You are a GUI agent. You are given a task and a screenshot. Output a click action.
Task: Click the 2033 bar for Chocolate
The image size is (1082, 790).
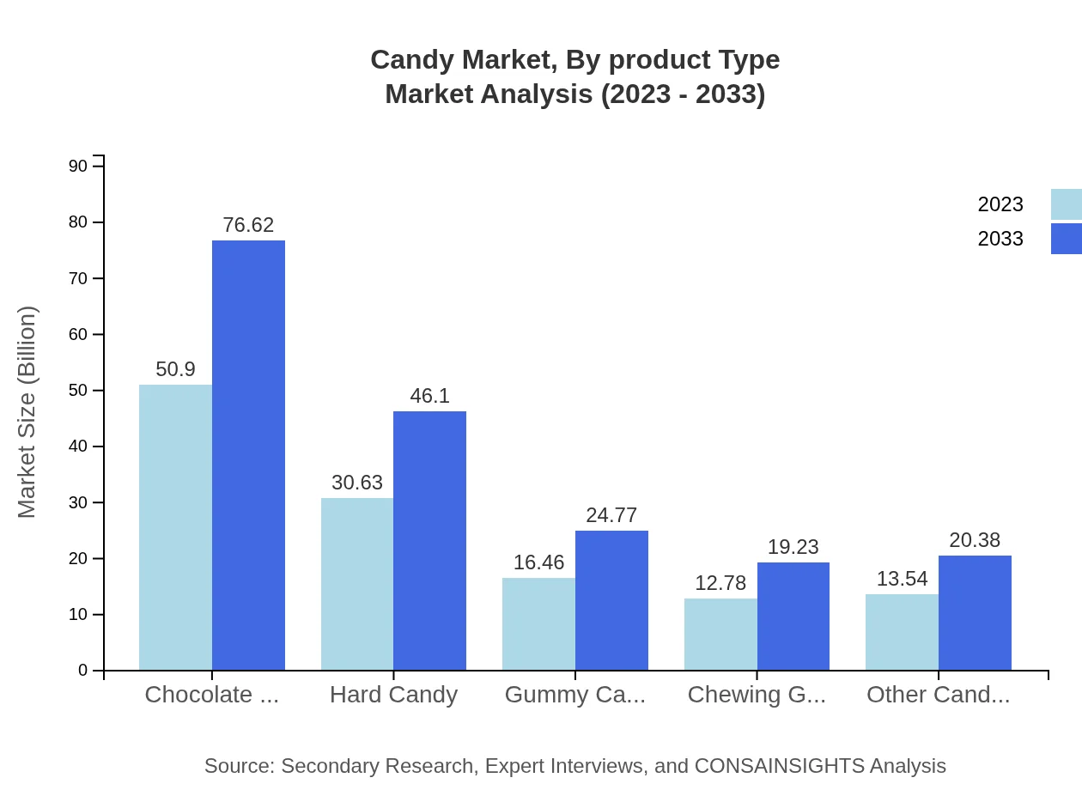[248, 455]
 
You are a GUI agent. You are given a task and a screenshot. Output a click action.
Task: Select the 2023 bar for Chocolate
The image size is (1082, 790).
[175, 527]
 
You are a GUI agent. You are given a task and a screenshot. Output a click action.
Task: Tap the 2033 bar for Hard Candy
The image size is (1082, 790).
[429, 541]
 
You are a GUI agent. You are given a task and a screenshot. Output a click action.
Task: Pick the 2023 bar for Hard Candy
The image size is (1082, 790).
[357, 584]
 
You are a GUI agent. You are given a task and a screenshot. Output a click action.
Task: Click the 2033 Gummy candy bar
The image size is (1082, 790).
[611, 600]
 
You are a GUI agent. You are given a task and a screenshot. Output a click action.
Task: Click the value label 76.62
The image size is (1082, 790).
[248, 225]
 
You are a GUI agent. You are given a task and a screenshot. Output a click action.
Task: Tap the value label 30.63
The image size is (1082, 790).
[357, 483]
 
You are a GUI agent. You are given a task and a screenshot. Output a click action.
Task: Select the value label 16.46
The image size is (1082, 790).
[538, 562]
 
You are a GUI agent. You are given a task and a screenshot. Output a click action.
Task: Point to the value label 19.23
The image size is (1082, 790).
[793, 547]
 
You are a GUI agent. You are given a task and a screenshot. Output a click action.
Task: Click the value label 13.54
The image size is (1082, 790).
[902, 579]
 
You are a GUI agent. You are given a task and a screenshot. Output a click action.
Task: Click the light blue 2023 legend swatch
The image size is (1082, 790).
[1066, 204]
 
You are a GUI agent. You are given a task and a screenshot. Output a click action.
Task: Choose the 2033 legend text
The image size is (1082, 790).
[1000, 239]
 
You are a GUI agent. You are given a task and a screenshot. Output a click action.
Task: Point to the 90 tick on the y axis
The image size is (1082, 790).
[78, 166]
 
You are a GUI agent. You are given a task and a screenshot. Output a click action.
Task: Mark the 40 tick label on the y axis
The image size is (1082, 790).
[78, 447]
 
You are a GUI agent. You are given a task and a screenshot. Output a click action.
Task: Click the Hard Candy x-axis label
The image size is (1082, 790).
[393, 695]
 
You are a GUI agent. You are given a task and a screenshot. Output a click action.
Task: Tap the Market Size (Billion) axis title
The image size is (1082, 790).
[27, 412]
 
